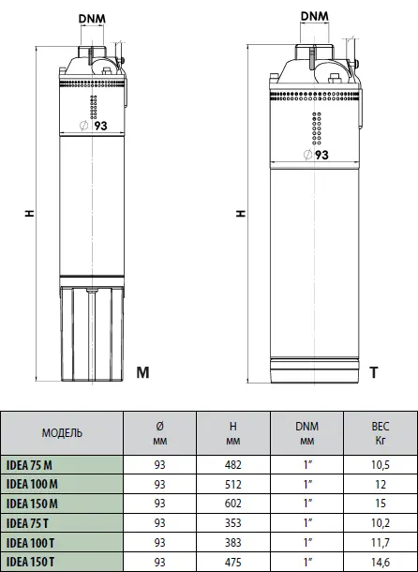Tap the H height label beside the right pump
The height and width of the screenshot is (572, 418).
[241, 214]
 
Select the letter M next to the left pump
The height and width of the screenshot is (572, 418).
[142, 372]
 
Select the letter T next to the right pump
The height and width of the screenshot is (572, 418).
[374, 372]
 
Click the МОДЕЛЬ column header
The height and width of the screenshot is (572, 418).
[62, 433]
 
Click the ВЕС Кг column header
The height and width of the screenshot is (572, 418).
[381, 433]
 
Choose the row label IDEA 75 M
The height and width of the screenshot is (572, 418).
[30, 464]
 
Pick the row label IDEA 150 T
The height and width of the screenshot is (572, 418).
[32, 562]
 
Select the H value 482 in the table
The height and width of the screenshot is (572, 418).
[233, 464]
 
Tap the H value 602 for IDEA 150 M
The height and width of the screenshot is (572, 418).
[233, 504]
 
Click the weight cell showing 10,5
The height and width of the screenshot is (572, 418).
[381, 464]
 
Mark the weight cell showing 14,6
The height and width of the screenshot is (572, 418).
[381, 562]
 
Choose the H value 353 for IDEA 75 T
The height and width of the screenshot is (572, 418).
[233, 523]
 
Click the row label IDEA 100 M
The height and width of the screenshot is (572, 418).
[33, 484]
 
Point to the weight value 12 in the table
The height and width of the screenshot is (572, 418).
[381, 484]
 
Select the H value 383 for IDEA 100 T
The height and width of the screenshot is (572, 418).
[233, 543]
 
